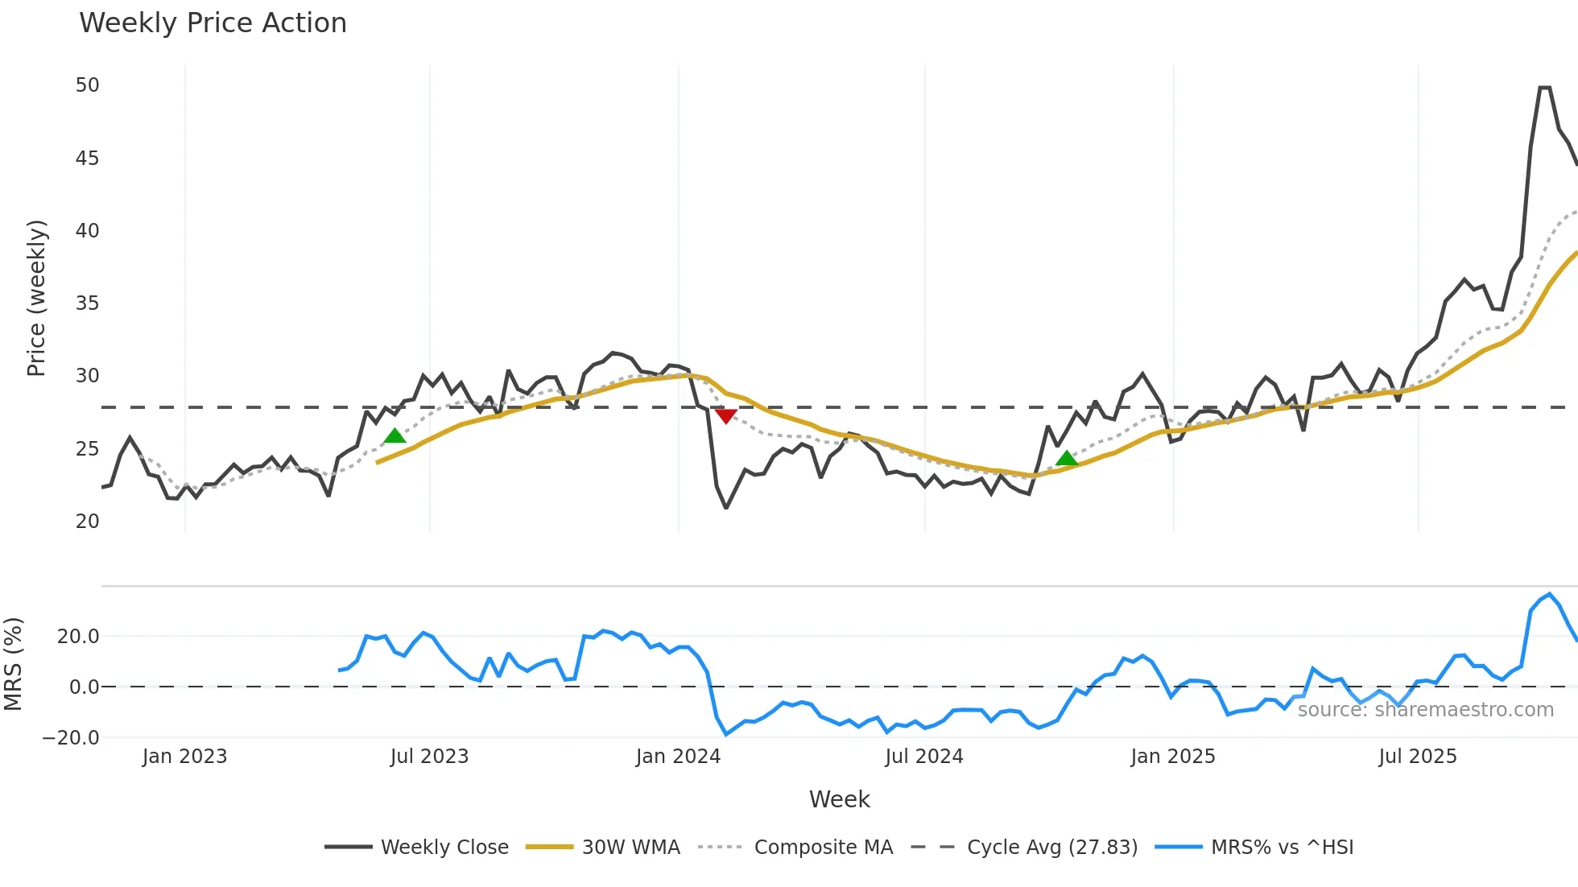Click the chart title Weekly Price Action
click(x=213, y=23)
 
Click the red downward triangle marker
click(x=725, y=415)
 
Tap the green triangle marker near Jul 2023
click(x=394, y=435)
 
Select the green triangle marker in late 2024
click(x=1066, y=458)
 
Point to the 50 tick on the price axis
click(x=87, y=85)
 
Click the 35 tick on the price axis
click(x=87, y=303)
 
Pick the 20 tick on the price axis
click(x=87, y=522)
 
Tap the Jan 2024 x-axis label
click(x=678, y=757)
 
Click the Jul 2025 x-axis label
click(x=1417, y=757)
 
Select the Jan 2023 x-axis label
click(x=184, y=757)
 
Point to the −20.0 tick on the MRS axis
click(x=71, y=737)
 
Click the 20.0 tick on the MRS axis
click(x=78, y=637)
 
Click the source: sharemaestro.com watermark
click(x=1425, y=710)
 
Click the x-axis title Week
click(x=839, y=799)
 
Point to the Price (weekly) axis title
click(x=37, y=298)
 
